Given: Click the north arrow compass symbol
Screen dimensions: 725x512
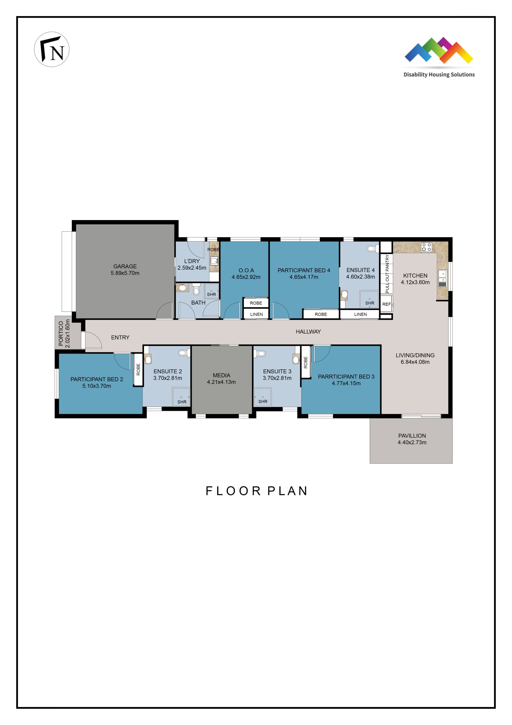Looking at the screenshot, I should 51,49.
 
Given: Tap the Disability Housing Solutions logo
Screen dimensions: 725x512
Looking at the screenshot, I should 439,57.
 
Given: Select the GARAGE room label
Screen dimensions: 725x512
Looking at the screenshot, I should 125,269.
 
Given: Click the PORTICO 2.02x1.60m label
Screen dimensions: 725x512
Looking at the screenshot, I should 64,333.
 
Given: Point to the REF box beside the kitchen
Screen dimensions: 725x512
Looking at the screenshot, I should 386,304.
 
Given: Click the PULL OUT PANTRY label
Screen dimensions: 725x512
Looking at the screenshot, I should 387,274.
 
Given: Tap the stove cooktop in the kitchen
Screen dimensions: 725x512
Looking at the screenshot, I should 427,247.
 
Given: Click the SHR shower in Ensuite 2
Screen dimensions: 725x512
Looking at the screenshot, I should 181,397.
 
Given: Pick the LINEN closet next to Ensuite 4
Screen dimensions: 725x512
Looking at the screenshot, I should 360,314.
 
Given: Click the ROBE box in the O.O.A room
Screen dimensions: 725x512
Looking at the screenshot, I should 256,303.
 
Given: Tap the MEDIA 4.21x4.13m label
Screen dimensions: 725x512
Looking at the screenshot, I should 221,378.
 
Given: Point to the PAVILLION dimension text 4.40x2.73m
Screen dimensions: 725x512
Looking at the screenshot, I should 412,442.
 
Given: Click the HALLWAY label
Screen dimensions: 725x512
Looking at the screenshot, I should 308,332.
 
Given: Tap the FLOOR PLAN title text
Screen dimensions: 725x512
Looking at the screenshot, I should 256,491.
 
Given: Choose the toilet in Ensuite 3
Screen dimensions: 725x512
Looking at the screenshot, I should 260,353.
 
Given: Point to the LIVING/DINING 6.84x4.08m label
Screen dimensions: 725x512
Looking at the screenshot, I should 415,359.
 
